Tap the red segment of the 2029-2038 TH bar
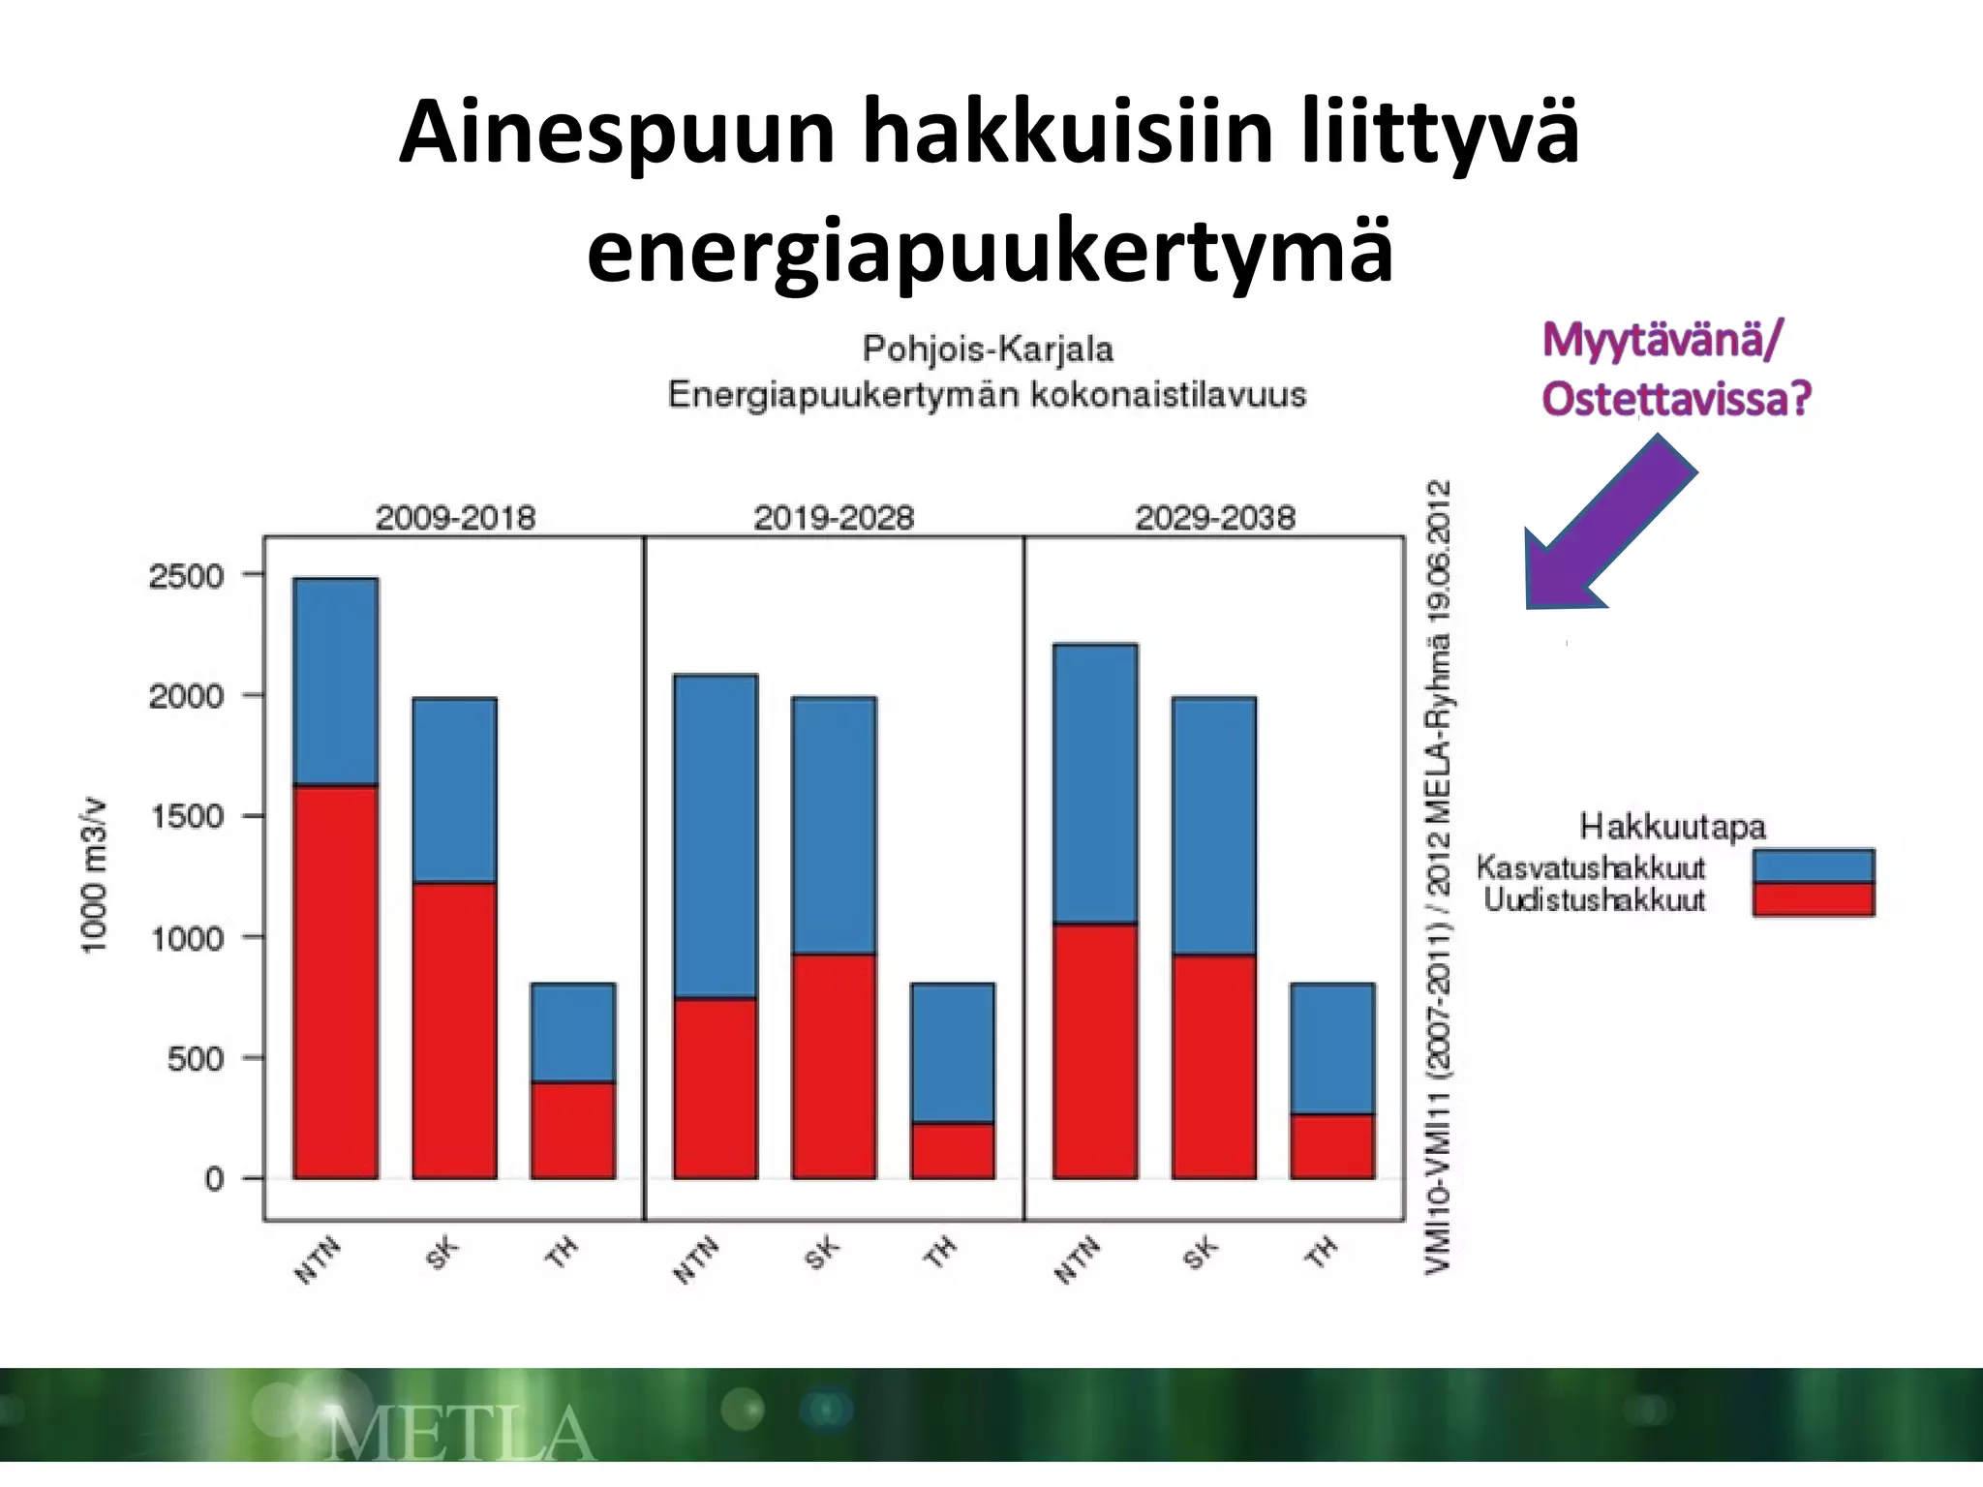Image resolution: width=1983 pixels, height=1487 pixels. [x=1332, y=1146]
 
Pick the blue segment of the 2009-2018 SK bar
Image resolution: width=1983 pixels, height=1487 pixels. [x=454, y=789]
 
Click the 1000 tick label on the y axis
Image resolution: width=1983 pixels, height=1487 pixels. [x=187, y=937]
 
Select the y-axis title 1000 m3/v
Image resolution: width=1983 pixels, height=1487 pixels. [x=93, y=874]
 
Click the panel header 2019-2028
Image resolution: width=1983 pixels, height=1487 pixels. [x=834, y=518]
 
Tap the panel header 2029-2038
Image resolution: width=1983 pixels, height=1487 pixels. [x=1214, y=518]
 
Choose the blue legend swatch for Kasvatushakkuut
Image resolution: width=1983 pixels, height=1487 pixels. [x=1813, y=865]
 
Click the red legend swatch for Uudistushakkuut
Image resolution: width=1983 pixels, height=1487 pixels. [x=1813, y=898]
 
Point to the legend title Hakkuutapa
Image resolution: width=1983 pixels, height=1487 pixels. [x=1672, y=827]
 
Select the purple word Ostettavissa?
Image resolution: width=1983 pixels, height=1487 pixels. [x=1675, y=399]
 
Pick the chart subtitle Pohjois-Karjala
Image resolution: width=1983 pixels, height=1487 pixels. [x=988, y=349]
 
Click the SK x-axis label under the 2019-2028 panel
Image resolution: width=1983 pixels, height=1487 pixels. [x=822, y=1255]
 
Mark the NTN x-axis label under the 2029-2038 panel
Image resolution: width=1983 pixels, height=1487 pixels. [x=1078, y=1259]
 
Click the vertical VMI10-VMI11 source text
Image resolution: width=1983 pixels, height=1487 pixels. [x=1438, y=876]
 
